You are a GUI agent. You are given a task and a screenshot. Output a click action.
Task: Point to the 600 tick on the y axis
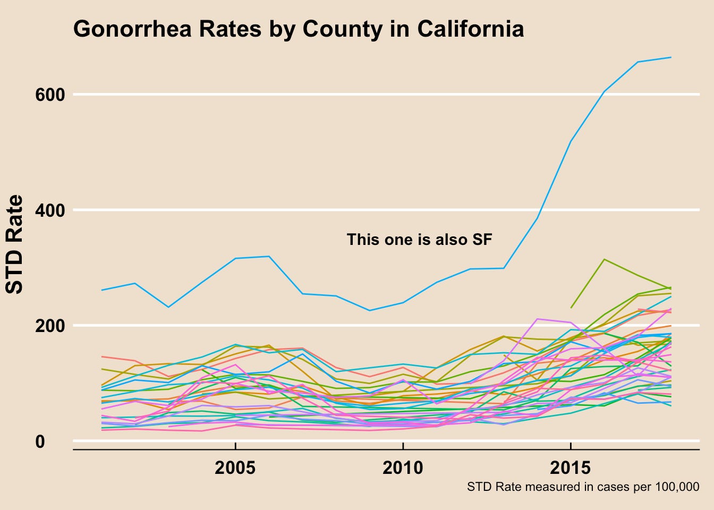coord(50,95)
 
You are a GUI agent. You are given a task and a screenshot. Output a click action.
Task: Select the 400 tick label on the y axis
coord(50,210)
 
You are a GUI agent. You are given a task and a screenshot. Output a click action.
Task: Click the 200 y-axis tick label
coord(50,325)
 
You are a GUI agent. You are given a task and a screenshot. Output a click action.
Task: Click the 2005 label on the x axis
coord(235,468)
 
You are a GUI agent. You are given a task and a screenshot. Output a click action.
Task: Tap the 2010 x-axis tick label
coord(403,468)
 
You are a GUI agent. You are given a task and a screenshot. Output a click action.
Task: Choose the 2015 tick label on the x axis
coord(570,468)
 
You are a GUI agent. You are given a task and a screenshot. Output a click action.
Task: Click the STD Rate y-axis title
coord(15,244)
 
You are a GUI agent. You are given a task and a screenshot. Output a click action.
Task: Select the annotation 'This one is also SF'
coord(419,240)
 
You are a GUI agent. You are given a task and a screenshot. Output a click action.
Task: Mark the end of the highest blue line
coord(671,57)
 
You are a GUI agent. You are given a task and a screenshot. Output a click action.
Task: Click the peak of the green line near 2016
coord(604,259)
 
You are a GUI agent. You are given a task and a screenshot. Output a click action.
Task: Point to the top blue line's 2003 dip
coord(168,307)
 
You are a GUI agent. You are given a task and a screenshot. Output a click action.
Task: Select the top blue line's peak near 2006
coord(269,257)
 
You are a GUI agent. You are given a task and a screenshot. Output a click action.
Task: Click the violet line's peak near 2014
coord(538,319)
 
